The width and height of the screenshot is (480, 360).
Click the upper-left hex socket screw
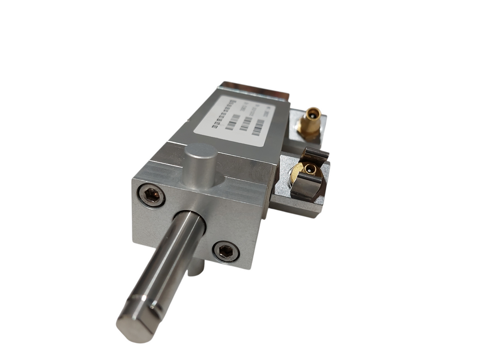[x=152, y=195]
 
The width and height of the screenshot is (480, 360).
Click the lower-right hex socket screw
[x=225, y=251]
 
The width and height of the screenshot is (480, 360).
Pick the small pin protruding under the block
[x=195, y=267]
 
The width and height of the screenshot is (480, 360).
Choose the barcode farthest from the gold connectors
[x=232, y=121]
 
